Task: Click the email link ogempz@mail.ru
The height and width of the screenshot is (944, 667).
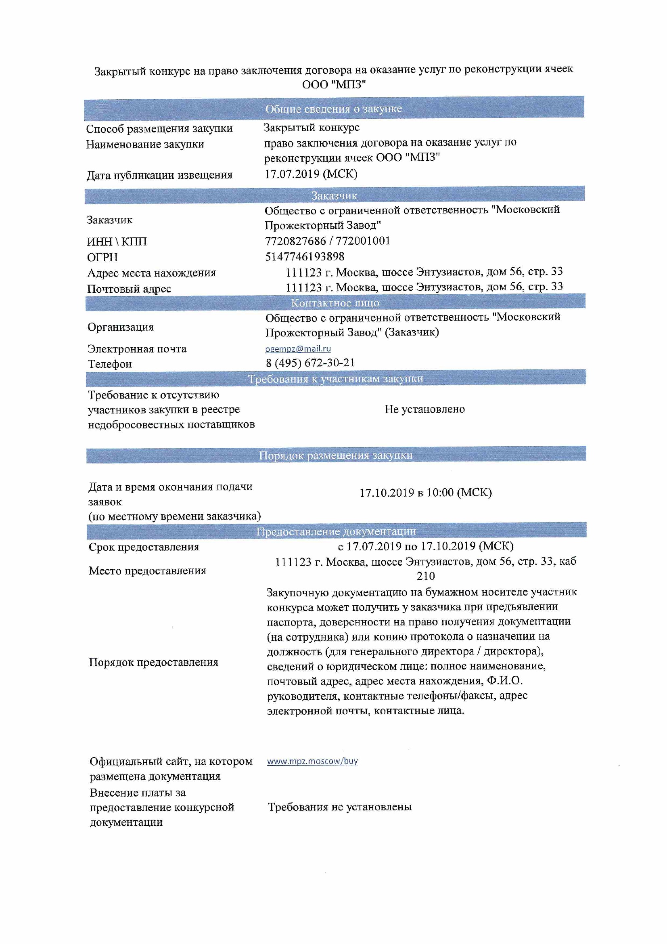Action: [297, 349]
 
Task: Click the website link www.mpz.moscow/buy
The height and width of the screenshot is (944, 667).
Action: [312, 761]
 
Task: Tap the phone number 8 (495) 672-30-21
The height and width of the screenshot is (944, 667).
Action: [310, 363]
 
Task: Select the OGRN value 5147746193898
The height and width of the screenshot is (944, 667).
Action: [305, 256]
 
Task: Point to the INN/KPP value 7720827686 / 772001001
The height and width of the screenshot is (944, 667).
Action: [327, 241]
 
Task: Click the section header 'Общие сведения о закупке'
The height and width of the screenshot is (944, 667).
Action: [333, 109]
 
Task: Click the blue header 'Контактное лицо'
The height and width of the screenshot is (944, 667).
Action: [335, 303]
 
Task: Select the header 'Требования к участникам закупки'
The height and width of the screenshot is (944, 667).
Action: [335, 379]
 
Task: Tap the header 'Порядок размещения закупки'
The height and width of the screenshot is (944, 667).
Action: [335, 455]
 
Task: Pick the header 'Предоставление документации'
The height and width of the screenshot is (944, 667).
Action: [336, 532]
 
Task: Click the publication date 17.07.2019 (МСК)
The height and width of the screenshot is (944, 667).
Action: [311, 174]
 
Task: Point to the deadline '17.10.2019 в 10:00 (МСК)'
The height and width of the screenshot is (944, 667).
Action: [425, 493]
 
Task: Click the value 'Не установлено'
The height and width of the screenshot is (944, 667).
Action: [424, 409]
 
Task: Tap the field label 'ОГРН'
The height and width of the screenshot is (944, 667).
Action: [102, 257]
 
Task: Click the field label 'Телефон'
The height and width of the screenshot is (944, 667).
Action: [110, 364]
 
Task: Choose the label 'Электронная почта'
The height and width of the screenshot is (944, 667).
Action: [137, 349]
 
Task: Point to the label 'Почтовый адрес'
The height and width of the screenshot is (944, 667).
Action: [129, 289]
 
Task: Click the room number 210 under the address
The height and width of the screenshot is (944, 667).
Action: [425, 576]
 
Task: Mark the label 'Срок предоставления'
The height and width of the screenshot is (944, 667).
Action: [144, 547]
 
